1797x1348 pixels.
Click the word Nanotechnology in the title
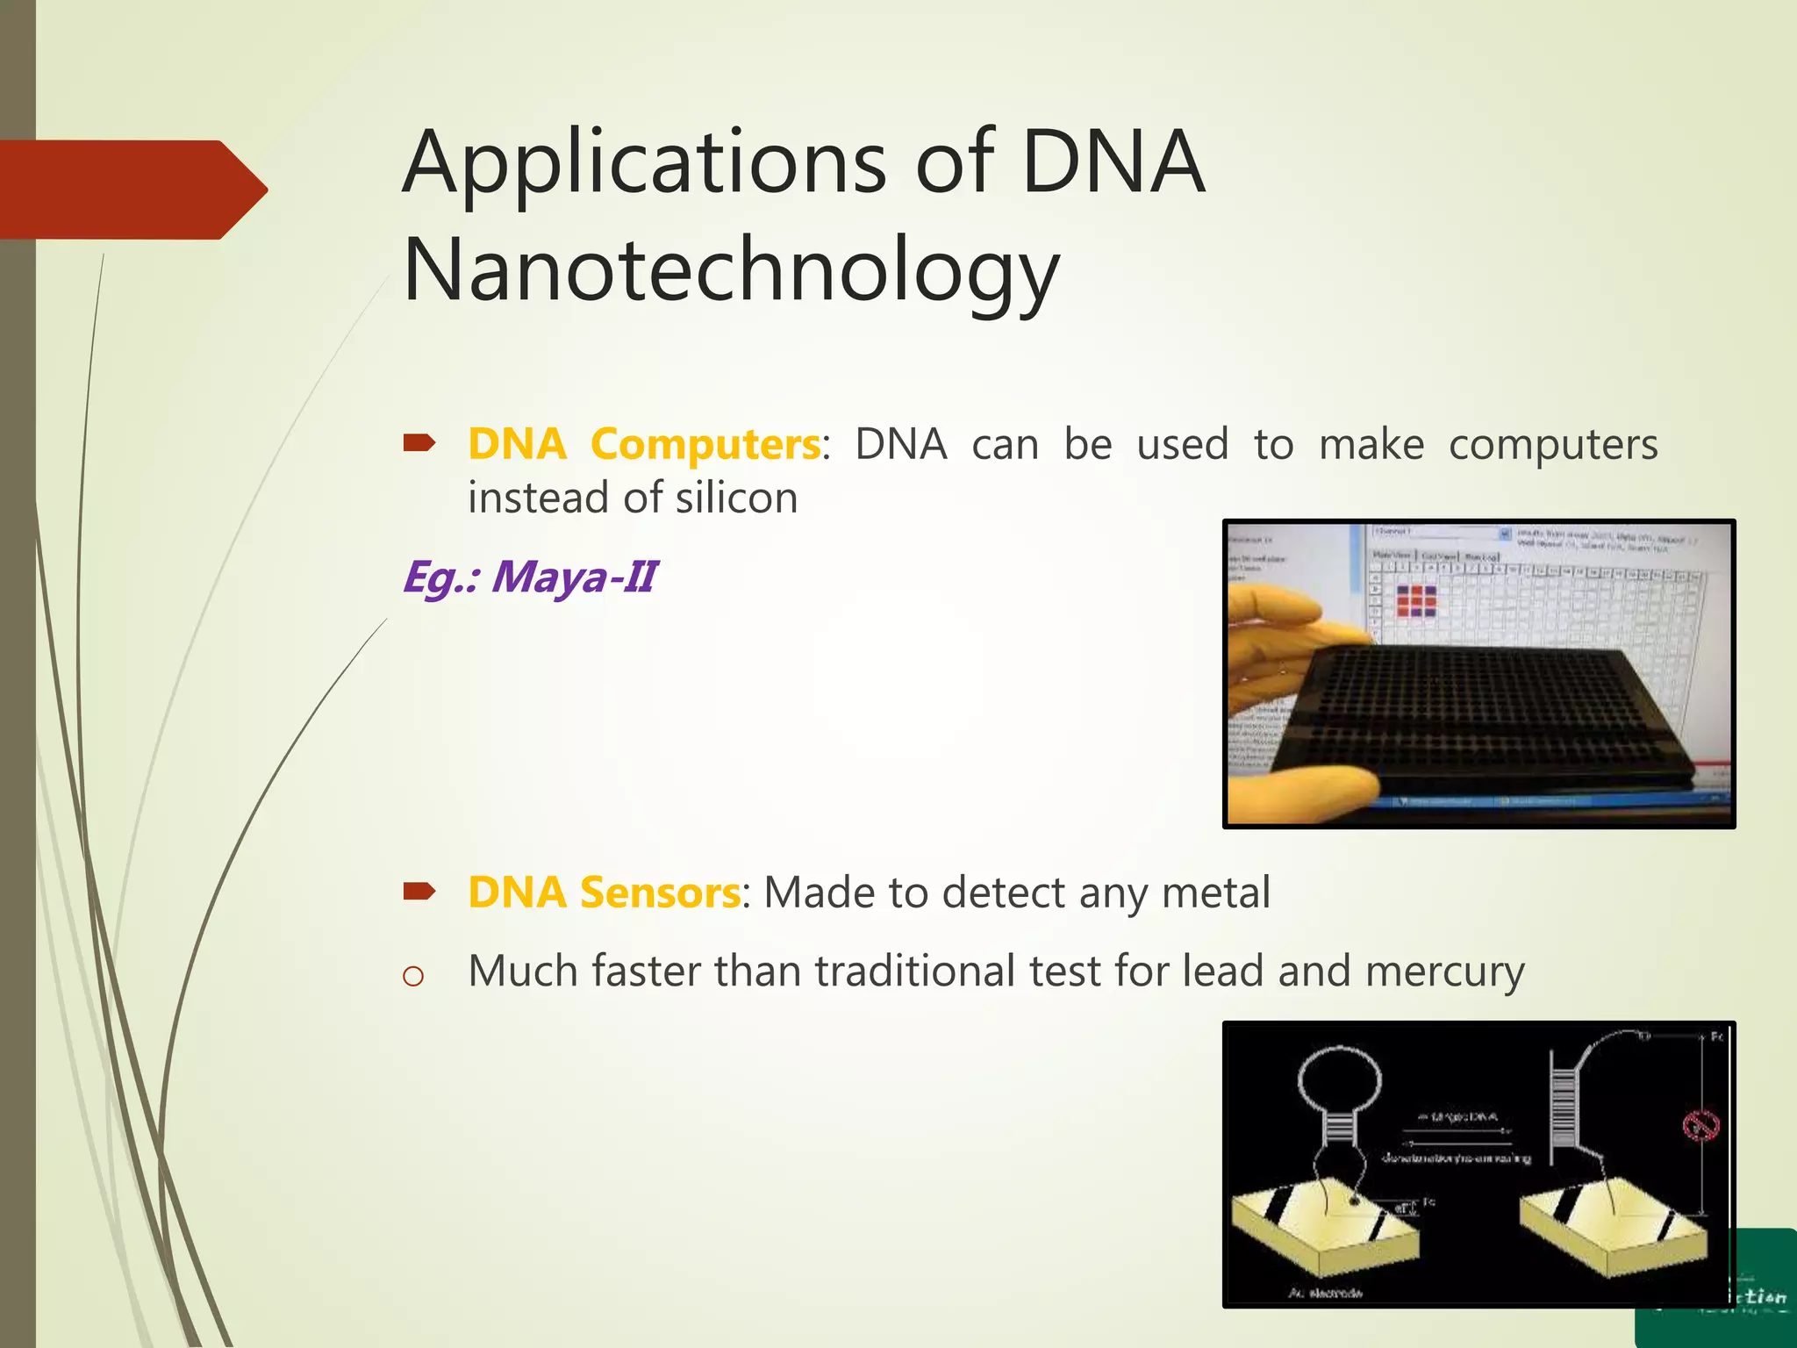click(x=731, y=272)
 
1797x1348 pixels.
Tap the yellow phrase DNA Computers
click(x=644, y=444)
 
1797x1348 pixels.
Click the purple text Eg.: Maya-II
click(x=529, y=577)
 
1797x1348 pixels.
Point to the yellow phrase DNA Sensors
click(x=604, y=893)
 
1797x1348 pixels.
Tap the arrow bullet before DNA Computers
click(x=419, y=444)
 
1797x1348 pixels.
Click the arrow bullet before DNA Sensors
click(x=419, y=893)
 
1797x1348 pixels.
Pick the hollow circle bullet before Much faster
click(x=412, y=976)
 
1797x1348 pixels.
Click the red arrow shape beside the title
click(x=132, y=190)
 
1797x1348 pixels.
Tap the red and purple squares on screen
click(x=1416, y=601)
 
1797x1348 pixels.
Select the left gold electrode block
click(x=1325, y=1229)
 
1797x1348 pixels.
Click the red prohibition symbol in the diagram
click(x=1700, y=1124)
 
